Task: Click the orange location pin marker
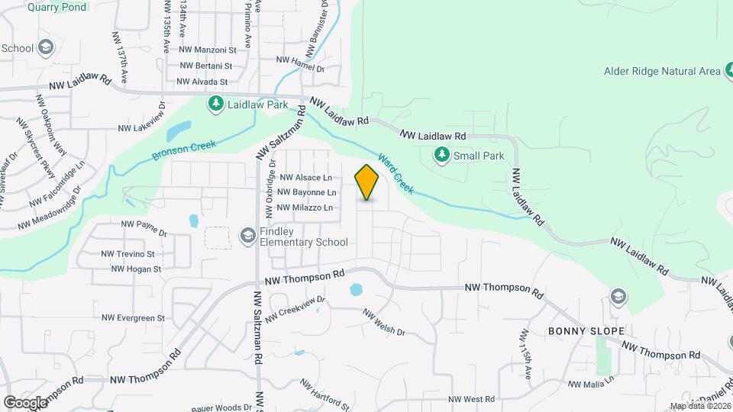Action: pos(367,182)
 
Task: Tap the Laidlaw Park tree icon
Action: pos(217,103)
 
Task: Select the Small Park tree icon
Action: pos(441,156)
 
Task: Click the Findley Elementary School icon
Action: pos(247,236)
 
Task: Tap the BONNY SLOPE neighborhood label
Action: pos(586,331)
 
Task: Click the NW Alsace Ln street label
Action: pos(304,177)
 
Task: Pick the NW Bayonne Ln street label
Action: pos(306,192)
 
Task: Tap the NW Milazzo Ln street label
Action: pos(305,208)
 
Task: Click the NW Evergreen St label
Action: pos(137,317)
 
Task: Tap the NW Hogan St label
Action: pos(135,269)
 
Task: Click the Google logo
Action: pos(25,402)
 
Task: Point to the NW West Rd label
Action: pos(472,399)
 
